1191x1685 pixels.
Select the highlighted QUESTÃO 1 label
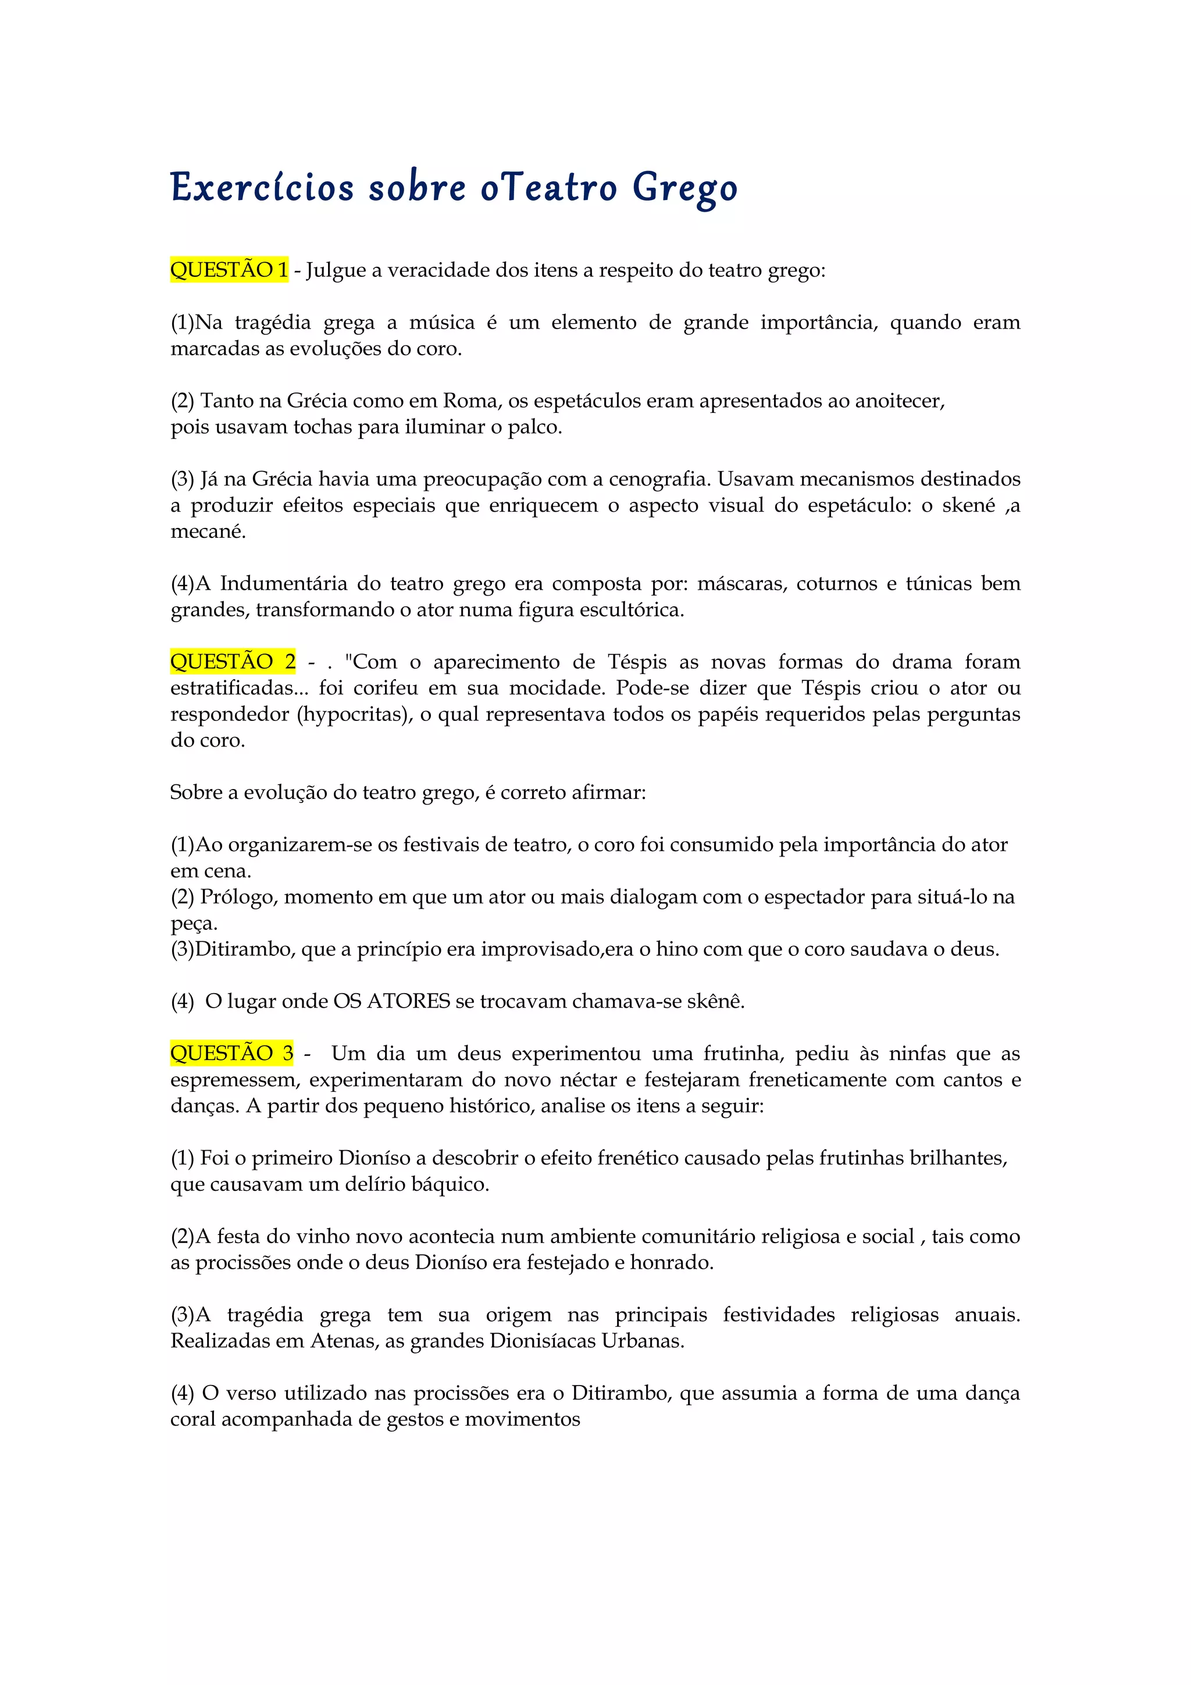point(229,270)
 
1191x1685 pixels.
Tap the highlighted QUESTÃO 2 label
point(233,662)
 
